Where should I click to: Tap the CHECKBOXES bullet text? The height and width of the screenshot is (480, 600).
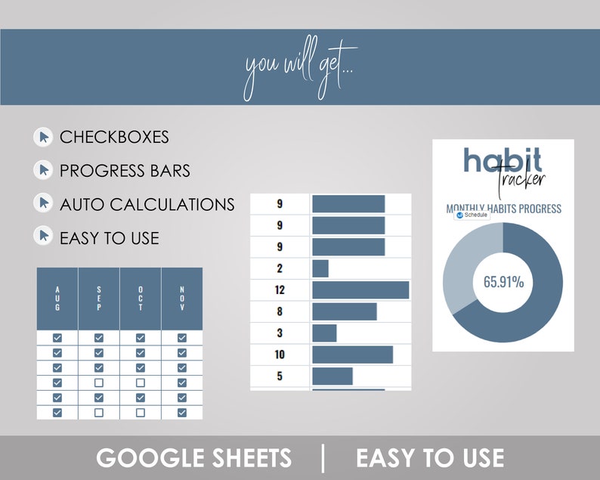[114, 138]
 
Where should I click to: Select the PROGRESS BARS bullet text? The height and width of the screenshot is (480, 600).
[125, 171]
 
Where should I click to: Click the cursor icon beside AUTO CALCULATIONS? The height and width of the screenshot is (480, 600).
[43, 203]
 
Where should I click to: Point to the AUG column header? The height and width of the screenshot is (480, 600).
[57, 298]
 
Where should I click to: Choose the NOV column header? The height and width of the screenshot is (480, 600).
[181, 298]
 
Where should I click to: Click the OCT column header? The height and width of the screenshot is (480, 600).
[140, 298]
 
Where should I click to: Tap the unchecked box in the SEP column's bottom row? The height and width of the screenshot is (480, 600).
[98, 413]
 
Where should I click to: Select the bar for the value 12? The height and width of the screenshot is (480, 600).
[360, 290]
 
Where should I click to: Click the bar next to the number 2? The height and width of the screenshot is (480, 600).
[320, 268]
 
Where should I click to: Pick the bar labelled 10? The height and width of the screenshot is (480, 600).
[352, 355]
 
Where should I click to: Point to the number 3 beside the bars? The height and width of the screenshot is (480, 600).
[279, 333]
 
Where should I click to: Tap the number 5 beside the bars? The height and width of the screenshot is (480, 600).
[279, 376]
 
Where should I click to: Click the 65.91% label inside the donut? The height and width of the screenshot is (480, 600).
[503, 282]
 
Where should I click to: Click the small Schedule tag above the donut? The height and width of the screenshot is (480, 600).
[472, 215]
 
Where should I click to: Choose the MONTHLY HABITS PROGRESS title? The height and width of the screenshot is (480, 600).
[503, 208]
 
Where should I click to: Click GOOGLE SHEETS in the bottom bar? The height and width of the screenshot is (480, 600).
[193, 458]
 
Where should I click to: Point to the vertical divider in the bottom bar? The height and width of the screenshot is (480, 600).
[323, 458]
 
